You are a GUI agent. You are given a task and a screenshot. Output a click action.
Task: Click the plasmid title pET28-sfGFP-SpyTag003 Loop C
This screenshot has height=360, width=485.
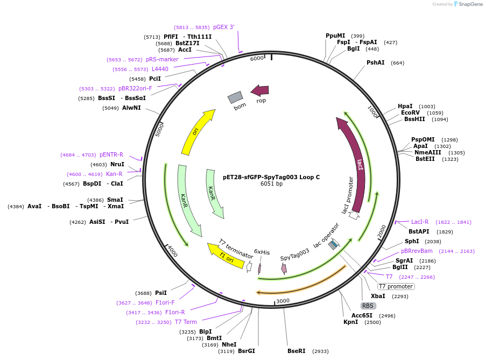271,177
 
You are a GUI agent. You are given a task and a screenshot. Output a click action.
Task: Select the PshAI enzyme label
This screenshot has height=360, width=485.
376,63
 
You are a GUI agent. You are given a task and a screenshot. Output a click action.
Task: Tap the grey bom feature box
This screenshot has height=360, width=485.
235,97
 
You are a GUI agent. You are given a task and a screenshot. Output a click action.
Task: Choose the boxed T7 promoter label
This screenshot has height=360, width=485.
396,286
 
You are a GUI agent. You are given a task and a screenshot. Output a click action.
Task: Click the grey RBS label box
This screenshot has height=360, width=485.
368,306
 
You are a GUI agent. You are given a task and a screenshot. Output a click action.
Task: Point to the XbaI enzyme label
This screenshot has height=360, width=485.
378,297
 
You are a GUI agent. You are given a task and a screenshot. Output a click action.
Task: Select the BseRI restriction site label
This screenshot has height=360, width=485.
296,351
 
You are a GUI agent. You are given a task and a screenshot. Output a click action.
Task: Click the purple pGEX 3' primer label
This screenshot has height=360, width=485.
224,27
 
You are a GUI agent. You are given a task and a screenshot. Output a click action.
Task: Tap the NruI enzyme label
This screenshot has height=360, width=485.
117,165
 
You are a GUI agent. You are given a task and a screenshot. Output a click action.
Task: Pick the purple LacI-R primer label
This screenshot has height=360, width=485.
420,222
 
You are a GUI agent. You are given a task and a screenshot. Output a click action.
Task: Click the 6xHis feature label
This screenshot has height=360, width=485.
262,252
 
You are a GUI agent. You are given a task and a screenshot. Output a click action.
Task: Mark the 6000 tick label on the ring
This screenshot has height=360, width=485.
257,58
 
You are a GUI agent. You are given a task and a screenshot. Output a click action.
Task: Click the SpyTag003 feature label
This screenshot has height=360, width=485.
294,255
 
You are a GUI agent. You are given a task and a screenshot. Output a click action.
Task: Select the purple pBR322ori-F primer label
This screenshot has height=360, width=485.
136,88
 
